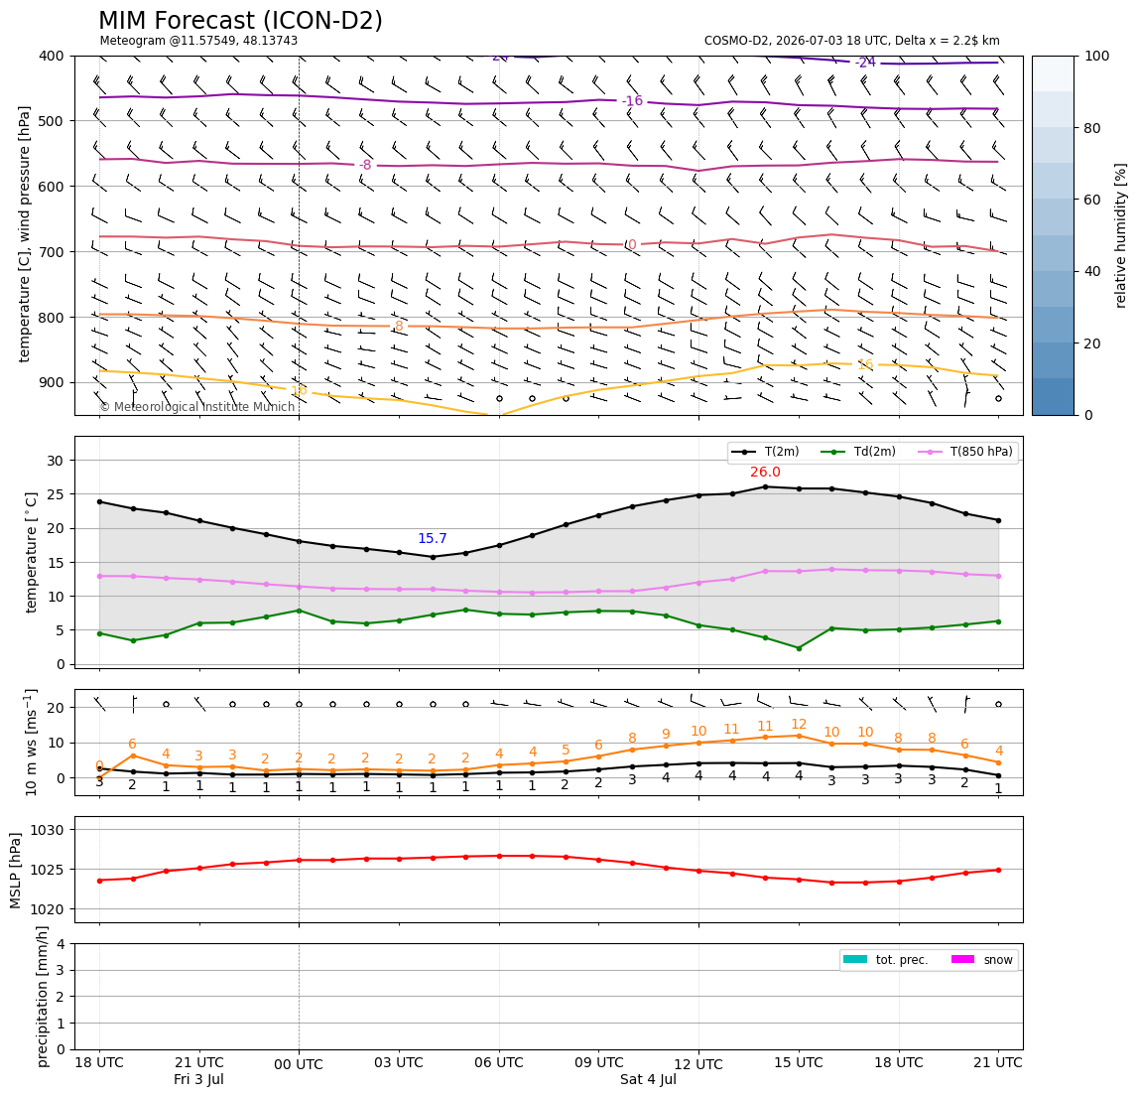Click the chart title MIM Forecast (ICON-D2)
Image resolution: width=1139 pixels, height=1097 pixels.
pos(240,21)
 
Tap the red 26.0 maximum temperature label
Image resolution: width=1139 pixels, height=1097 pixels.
pos(765,473)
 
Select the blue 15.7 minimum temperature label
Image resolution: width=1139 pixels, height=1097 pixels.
pos(433,539)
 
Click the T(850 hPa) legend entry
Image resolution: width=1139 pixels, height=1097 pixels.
pos(967,452)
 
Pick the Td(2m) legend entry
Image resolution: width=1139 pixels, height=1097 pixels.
pos(858,452)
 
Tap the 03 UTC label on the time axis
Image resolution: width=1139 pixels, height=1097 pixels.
pos(399,1062)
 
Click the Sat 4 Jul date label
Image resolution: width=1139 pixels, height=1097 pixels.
pos(648,1079)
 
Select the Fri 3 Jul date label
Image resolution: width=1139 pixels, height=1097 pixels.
pos(198,1079)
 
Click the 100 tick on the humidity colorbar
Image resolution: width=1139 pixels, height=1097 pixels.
pos(1097,56)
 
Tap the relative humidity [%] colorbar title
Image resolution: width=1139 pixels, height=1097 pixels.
pos(1121,235)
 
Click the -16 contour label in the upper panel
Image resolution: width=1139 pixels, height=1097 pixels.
pos(633,101)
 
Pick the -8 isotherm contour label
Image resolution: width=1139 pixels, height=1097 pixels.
pos(365,166)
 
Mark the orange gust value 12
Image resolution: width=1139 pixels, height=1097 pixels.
pos(799,725)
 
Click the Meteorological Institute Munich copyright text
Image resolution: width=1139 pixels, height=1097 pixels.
pos(197,406)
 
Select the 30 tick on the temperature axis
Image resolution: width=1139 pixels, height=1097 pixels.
pos(56,461)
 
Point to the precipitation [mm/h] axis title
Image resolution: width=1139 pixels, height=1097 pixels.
pos(42,997)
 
